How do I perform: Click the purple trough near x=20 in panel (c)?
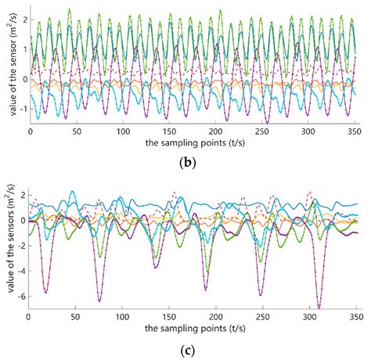(46, 293)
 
